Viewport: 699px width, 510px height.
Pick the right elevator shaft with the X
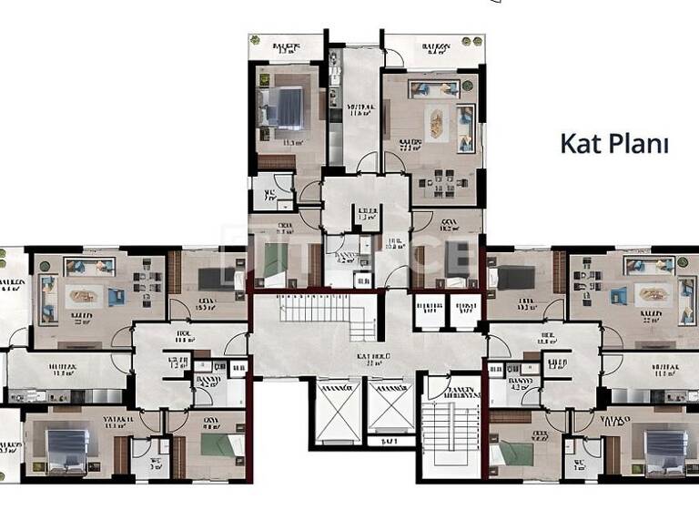[389, 406]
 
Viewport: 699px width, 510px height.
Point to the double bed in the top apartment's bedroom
[285, 107]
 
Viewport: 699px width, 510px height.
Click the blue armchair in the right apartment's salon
[619, 294]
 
